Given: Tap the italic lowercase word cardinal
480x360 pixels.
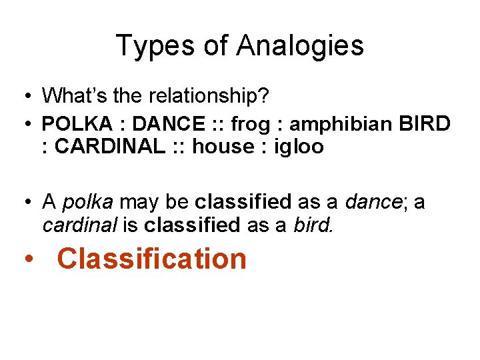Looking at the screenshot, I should [78, 225].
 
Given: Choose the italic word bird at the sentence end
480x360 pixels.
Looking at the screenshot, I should [313, 225].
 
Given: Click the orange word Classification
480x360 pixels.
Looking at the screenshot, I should [152, 259].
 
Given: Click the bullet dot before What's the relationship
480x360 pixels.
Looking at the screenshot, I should [23, 97].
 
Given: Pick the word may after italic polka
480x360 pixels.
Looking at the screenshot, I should [137, 202].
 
